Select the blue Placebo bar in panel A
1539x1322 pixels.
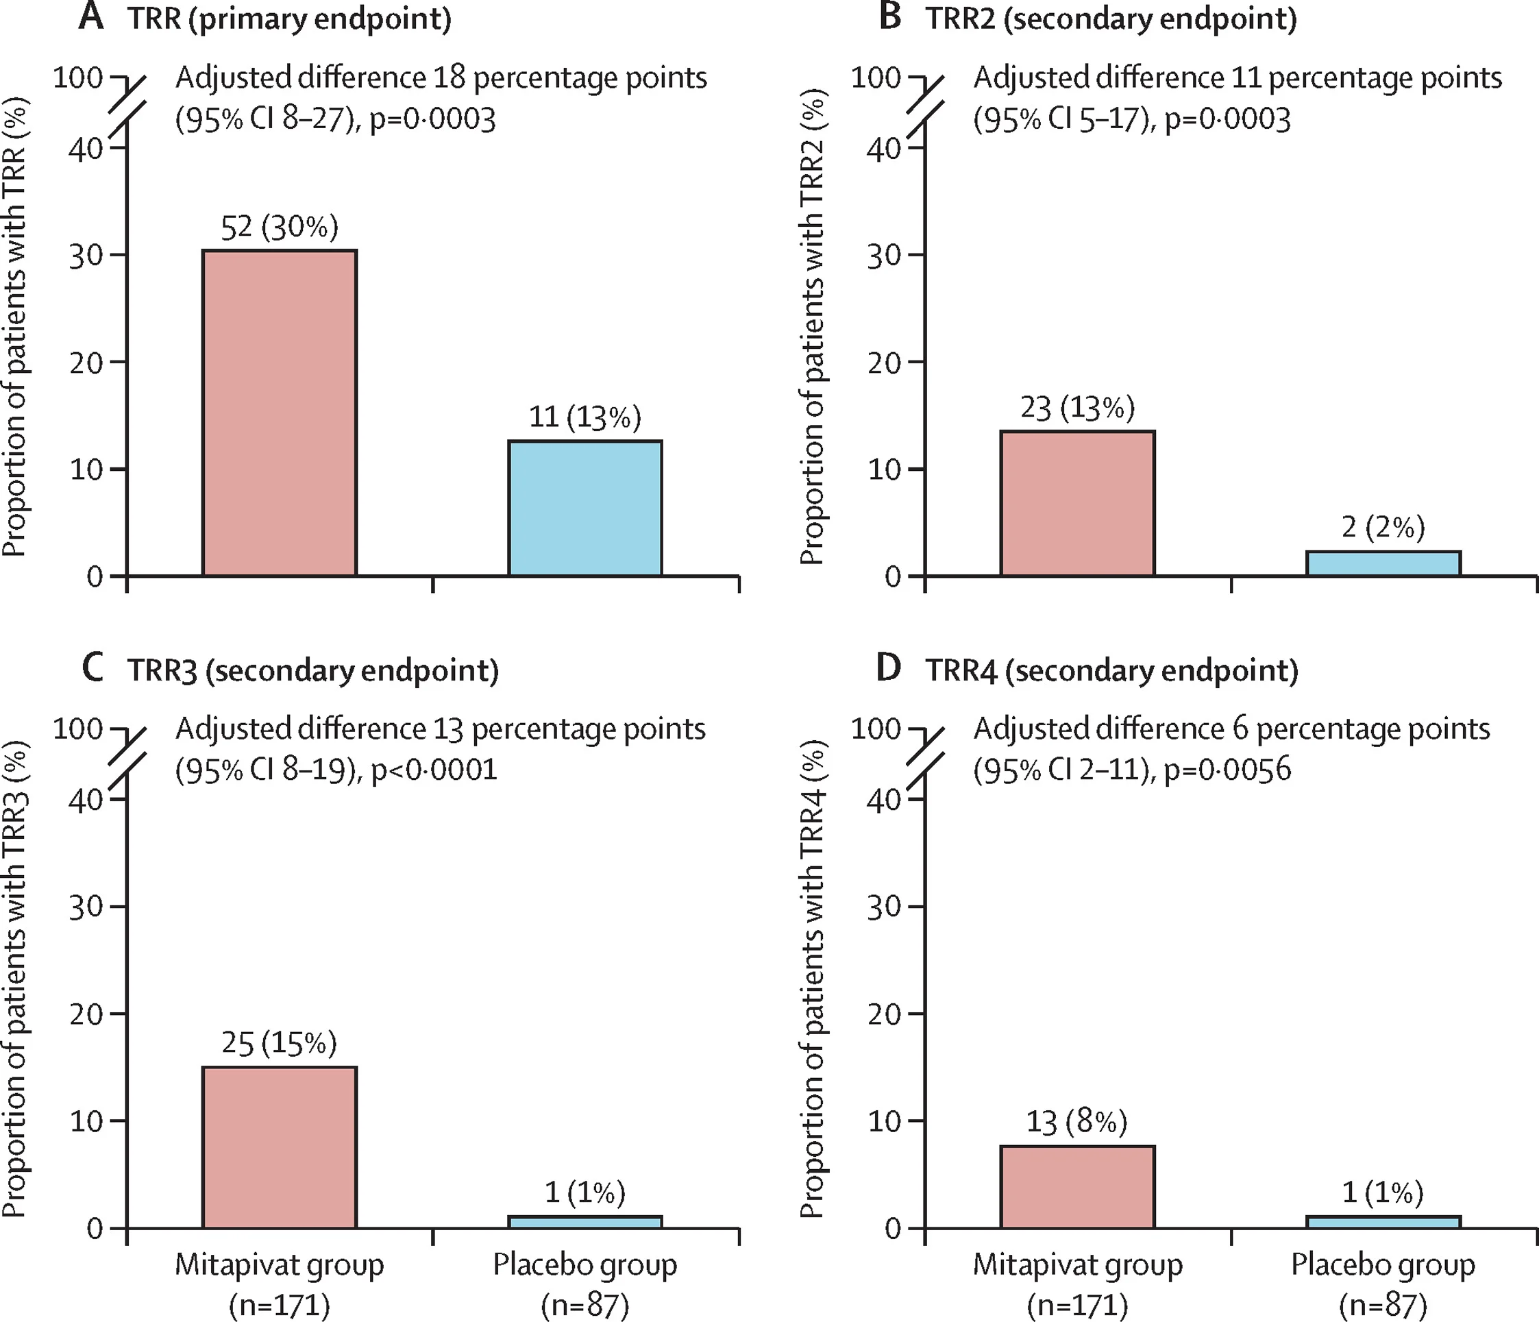[585, 508]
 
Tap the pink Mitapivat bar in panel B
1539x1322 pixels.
[1078, 503]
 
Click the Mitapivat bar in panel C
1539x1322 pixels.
[280, 1147]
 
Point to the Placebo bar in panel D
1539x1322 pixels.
[1383, 1222]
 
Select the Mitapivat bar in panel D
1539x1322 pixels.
[1078, 1187]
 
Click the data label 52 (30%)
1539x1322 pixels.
[280, 228]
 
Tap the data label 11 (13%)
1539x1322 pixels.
[585, 417]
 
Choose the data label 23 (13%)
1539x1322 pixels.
[1078, 408]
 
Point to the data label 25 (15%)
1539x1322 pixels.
[280, 1044]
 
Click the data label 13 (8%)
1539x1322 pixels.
[1077, 1121]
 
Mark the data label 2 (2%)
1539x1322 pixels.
[1383, 527]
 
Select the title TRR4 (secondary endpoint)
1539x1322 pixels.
[1112, 671]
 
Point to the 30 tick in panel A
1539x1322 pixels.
[86, 255]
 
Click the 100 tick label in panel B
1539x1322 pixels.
[876, 77]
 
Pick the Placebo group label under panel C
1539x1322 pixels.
[585, 1265]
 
